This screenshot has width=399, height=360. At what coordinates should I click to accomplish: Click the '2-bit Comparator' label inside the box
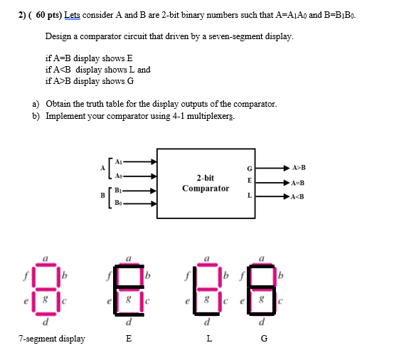(x=206, y=183)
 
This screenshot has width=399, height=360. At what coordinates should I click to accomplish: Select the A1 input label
(x=118, y=161)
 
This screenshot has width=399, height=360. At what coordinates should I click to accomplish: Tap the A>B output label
(x=299, y=168)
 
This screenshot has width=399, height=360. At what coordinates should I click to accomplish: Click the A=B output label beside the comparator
(x=299, y=183)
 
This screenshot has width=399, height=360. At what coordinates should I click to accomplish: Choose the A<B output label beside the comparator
(x=299, y=197)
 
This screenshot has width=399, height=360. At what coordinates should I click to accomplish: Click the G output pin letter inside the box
(x=249, y=169)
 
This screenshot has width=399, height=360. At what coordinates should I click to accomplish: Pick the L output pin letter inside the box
(x=249, y=195)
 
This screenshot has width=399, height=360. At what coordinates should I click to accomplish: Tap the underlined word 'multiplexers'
(x=210, y=116)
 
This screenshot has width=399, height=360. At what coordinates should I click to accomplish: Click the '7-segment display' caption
(x=52, y=339)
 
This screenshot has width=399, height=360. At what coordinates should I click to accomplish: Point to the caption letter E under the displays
(x=129, y=339)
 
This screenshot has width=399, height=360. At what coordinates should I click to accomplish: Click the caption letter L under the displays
(x=208, y=339)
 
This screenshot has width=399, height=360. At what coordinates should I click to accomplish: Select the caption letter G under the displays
(x=265, y=339)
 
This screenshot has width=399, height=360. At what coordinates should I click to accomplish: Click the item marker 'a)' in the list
(x=36, y=104)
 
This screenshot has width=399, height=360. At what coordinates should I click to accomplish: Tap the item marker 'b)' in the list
(x=36, y=116)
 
